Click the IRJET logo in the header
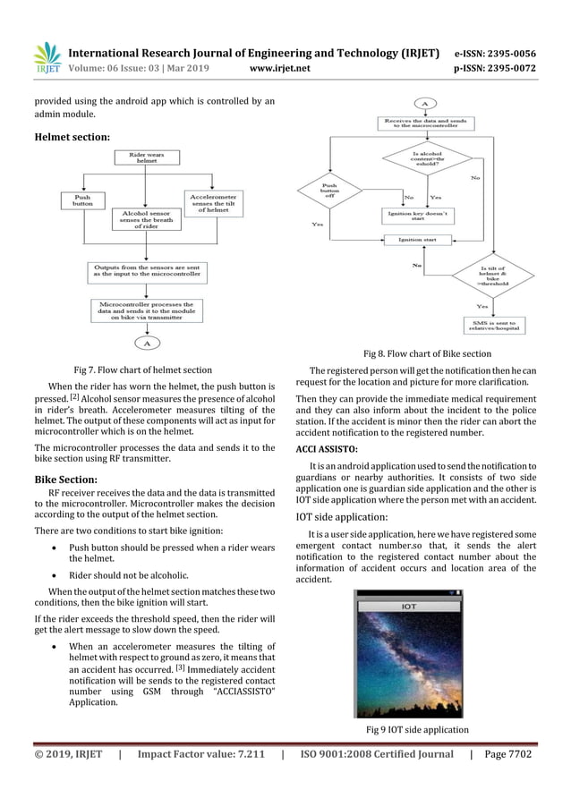pos(47,58)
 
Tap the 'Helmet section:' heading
pos(72,137)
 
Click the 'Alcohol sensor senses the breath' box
pos(145,220)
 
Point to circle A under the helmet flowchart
pos(147,342)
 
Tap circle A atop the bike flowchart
pos(424,104)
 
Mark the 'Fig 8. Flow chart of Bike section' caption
pos(426,354)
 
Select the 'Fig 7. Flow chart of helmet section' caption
pos(143,369)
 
